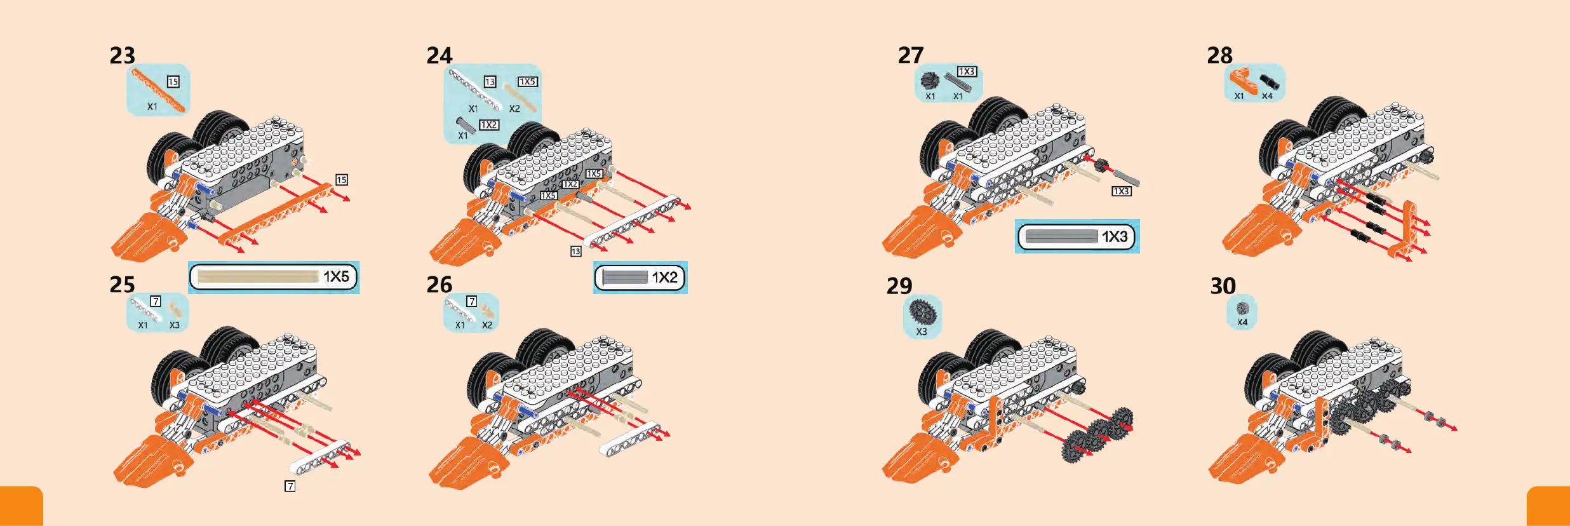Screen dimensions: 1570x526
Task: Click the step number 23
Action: click(123, 56)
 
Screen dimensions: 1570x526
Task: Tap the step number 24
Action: click(439, 56)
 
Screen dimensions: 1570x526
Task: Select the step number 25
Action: click(122, 285)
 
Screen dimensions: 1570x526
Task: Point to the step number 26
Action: click(439, 285)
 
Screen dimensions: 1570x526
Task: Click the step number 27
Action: click(911, 56)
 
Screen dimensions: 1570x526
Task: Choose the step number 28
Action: click(1220, 56)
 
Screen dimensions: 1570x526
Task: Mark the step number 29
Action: click(899, 286)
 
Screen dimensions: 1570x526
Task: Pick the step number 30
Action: click(1223, 286)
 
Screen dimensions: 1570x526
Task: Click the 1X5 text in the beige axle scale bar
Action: click(336, 277)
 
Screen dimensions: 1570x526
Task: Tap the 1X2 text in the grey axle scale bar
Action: click(664, 278)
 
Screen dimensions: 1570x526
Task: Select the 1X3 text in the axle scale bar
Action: click(1115, 237)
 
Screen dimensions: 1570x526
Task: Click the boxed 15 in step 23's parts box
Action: click(173, 82)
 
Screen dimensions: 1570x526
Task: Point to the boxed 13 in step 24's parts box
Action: click(490, 82)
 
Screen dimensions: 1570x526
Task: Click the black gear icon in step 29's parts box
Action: click(921, 311)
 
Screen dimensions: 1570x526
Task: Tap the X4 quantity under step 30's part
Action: click(1242, 322)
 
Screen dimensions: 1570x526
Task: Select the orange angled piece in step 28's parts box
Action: click(1241, 81)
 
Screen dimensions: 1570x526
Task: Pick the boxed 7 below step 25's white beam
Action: click(290, 486)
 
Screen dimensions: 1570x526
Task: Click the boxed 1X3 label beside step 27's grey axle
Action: click(1122, 191)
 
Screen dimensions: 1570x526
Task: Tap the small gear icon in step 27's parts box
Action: click(930, 81)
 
